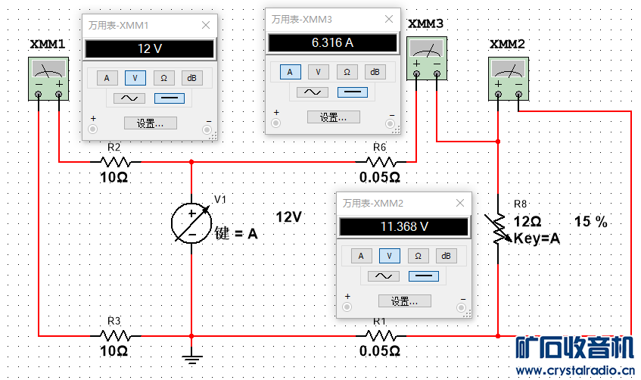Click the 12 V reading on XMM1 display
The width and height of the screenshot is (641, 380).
tap(149, 49)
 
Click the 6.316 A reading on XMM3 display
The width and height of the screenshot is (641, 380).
tap(332, 42)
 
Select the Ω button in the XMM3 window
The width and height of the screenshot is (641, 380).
tap(347, 72)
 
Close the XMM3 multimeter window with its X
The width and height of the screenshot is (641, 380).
tap(388, 18)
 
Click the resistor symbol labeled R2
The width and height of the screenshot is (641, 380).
tap(115, 161)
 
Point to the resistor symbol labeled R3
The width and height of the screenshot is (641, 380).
tap(115, 335)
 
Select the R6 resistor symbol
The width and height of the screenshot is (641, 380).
tap(380, 161)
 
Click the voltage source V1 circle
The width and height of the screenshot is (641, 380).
tap(191, 224)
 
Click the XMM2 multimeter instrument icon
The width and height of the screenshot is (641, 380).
tap(507, 80)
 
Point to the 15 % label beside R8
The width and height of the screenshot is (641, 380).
tap(591, 223)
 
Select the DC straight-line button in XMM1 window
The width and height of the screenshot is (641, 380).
tap(169, 98)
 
